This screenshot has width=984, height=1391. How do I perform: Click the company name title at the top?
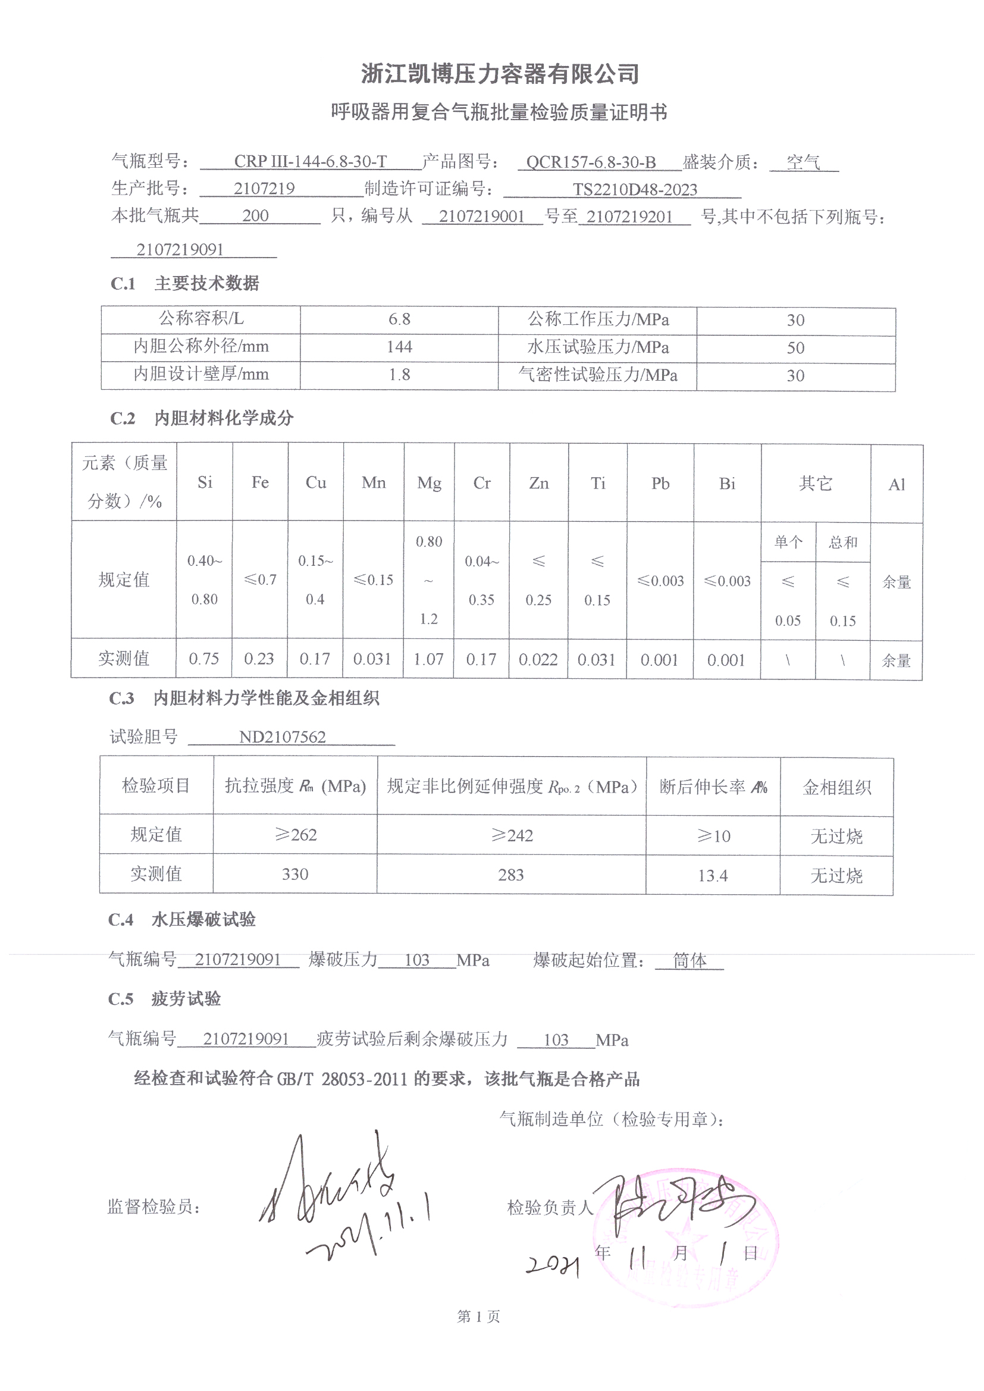tap(500, 74)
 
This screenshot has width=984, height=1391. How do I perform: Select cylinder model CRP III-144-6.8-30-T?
tap(310, 162)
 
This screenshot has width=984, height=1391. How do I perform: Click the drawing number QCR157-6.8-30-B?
tap(591, 162)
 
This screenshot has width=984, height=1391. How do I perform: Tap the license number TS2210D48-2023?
tap(635, 190)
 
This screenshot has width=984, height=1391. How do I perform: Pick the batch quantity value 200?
tap(255, 217)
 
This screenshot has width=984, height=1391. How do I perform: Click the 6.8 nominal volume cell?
tap(399, 319)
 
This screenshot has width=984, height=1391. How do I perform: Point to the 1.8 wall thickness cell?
tap(399, 374)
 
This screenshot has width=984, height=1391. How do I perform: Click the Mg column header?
tap(429, 483)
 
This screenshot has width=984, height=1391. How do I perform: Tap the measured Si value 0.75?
tap(203, 659)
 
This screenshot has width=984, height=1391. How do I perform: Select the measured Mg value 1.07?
tap(428, 659)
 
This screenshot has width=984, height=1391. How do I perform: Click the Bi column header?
tap(726, 484)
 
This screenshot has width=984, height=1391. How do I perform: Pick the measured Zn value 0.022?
tap(538, 660)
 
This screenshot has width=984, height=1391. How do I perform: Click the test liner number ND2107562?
tap(283, 737)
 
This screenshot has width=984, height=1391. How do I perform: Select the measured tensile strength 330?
tap(295, 874)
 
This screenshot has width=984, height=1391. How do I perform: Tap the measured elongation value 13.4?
tap(713, 875)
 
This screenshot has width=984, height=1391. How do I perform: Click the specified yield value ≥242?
tap(512, 835)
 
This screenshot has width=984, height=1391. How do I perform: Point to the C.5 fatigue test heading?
tap(164, 999)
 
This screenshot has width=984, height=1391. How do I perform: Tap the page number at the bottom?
tap(478, 1317)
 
